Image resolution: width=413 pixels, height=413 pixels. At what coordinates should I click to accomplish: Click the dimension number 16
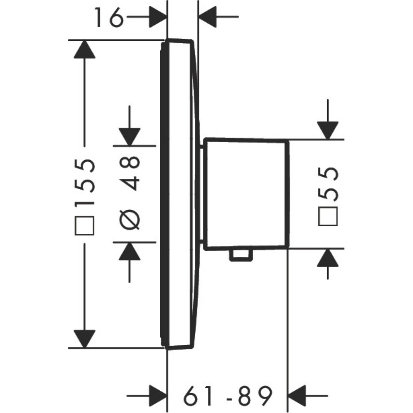click(109, 17)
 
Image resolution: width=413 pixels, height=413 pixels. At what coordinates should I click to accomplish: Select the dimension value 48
click(130, 173)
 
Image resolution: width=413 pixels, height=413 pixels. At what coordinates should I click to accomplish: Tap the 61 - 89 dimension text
click(228, 396)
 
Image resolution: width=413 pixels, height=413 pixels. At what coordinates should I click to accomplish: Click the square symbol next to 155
click(85, 225)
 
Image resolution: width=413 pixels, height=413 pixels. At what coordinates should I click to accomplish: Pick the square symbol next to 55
click(328, 216)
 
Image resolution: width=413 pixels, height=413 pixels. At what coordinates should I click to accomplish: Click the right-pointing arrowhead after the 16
click(158, 17)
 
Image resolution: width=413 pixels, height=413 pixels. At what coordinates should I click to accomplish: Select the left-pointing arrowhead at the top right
click(208, 17)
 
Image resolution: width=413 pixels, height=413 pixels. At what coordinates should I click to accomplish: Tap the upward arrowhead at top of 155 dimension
click(85, 49)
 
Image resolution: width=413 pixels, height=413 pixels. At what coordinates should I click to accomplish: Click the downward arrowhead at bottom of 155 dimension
click(85, 339)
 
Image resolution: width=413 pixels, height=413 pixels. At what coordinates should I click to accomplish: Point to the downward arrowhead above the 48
click(130, 137)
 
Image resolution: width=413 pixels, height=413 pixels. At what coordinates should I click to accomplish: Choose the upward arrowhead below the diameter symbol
click(130, 251)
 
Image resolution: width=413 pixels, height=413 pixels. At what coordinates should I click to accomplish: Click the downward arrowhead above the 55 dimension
click(328, 130)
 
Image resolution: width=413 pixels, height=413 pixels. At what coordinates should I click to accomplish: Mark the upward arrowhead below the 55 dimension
click(328, 258)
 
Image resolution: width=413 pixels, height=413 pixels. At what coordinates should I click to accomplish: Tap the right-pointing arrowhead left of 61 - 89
click(158, 396)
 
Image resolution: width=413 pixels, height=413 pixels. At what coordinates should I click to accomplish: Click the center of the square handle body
click(247, 194)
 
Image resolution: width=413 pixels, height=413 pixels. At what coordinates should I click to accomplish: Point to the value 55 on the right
click(328, 184)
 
